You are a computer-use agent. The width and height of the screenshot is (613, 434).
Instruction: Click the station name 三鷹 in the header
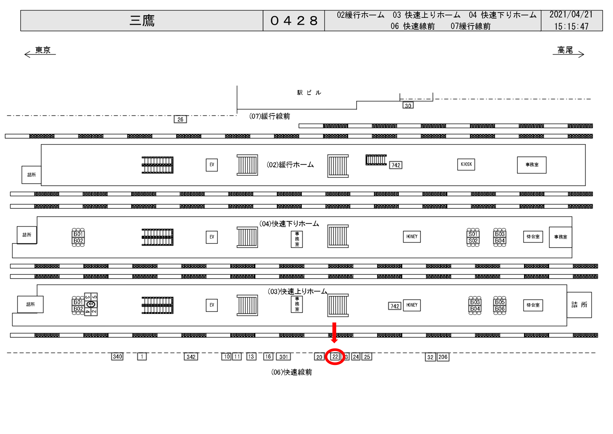[x=142, y=21]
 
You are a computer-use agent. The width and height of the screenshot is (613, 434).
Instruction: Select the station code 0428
[x=294, y=21]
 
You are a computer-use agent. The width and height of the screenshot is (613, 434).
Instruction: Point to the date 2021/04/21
[x=571, y=15]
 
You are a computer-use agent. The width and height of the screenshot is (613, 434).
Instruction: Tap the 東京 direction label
[x=43, y=50]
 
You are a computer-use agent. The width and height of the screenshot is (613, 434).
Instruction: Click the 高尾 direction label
[x=565, y=50]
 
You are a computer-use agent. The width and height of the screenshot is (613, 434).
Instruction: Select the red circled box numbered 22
[x=335, y=356]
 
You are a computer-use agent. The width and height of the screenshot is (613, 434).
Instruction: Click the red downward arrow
[x=334, y=333]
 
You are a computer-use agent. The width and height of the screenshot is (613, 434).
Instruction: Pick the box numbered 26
[x=180, y=119]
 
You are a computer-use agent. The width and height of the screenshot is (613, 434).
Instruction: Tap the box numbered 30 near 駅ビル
[x=408, y=105]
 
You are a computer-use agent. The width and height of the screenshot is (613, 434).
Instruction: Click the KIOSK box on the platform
[x=466, y=164]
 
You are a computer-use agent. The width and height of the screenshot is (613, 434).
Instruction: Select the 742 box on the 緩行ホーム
[x=396, y=165]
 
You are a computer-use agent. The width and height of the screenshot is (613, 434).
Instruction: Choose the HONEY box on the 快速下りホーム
[x=412, y=237]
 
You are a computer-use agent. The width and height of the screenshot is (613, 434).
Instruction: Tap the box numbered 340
[x=117, y=356]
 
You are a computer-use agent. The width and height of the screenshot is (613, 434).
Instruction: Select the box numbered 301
[x=283, y=357]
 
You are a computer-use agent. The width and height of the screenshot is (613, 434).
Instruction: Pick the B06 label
[x=500, y=309]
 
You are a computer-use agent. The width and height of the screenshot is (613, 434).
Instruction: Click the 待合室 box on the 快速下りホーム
[x=533, y=237]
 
